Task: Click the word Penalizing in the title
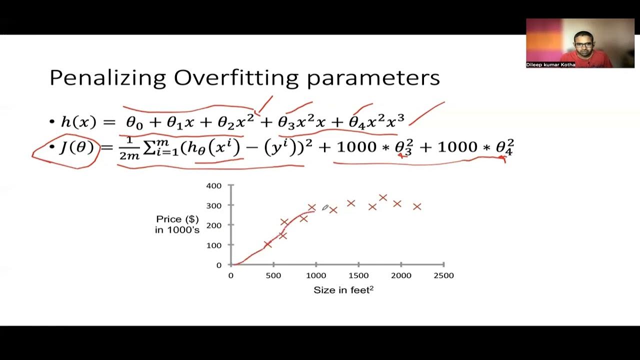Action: [107, 78]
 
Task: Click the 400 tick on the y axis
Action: [214, 185]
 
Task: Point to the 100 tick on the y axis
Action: [214, 245]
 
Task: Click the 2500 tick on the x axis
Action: [443, 275]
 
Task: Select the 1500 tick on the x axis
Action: [358, 275]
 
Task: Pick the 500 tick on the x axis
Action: [273, 275]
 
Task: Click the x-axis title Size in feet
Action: [343, 290]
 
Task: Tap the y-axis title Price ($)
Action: [177, 219]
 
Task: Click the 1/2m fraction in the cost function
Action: [129, 149]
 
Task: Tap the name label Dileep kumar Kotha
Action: [550, 64]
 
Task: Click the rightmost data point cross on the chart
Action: [417, 206]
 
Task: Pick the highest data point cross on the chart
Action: [383, 198]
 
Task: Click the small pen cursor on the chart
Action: [325, 207]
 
